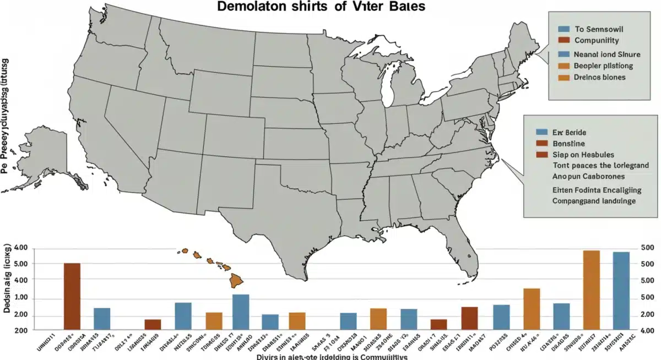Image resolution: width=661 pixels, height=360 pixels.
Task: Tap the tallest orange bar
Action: [591, 290]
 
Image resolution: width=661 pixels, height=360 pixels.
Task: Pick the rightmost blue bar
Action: [621, 291]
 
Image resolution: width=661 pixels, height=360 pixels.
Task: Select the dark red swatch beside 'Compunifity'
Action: [563, 40]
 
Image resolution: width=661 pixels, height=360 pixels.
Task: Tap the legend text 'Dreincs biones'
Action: [600, 77]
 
